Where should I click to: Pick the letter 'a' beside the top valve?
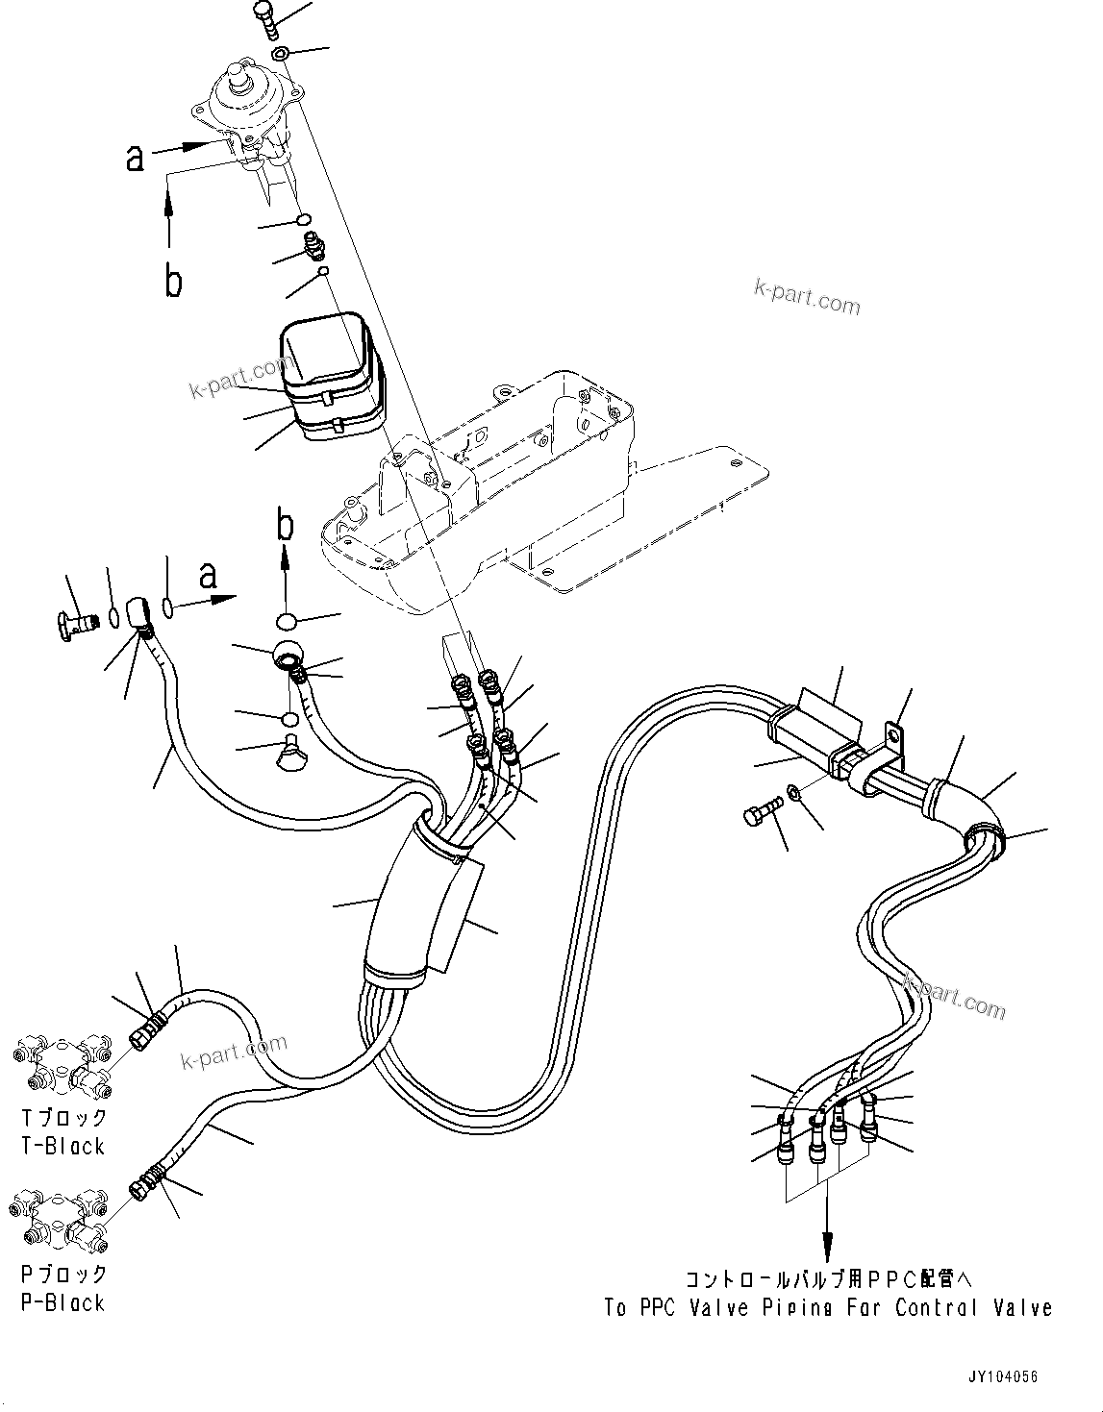click(x=136, y=157)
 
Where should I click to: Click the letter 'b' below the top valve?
click(x=173, y=281)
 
